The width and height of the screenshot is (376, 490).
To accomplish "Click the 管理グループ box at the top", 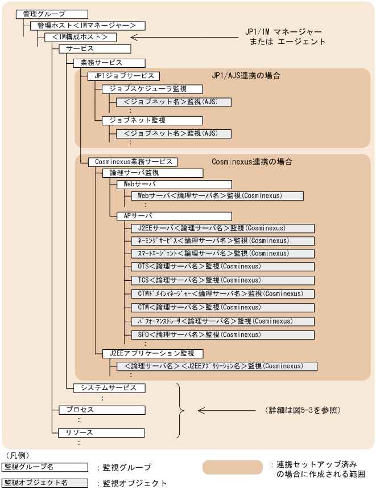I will tap(52, 14).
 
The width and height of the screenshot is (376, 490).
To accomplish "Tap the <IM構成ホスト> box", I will tap(81, 37).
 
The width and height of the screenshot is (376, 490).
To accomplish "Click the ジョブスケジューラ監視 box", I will tap(152, 89).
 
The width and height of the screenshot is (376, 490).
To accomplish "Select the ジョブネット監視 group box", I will tap(152, 120).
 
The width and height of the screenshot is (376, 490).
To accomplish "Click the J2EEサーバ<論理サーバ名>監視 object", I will tap(222, 228).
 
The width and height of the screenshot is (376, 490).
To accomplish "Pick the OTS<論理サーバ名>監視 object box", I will tap(222, 266).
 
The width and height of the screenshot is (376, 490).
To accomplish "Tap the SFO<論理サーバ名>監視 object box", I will tap(222, 334).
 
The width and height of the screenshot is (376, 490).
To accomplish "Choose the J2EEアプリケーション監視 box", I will tap(152, 353).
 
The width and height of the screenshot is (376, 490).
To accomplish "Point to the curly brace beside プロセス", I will tap(181, 410).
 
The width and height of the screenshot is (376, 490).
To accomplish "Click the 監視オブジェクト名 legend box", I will tap(45, 483).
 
